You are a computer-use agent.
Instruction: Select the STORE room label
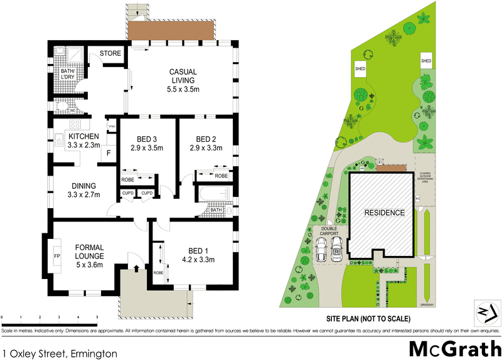[110, 53]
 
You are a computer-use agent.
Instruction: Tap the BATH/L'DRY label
[67, 75]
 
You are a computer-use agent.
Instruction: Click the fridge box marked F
[108, 152]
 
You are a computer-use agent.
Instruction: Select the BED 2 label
[206, 144]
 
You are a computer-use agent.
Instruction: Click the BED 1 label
[198, 251]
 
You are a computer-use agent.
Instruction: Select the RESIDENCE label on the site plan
[384, 213]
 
